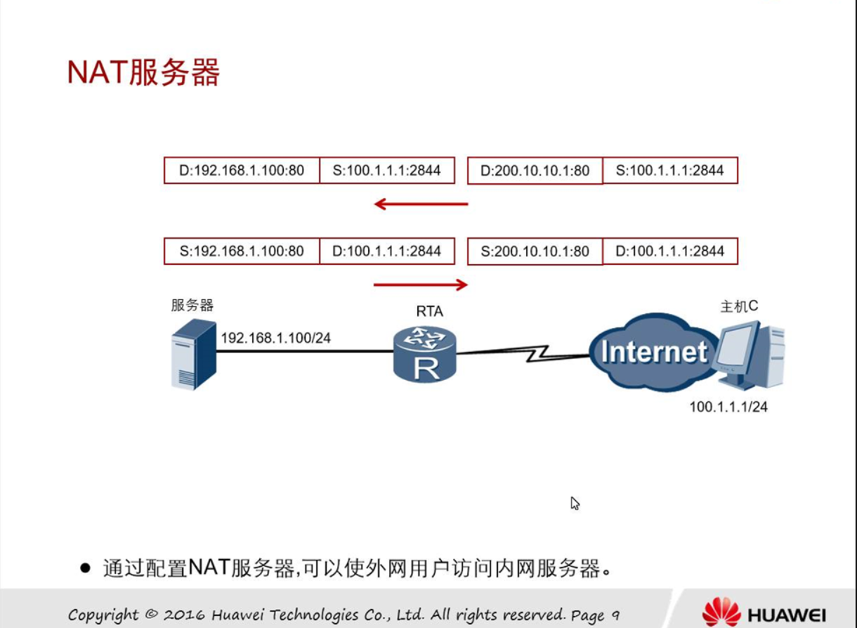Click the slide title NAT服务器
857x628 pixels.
(143, 72)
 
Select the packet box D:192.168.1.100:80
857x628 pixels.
(242, 171)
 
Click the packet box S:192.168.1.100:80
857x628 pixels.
(242, 251)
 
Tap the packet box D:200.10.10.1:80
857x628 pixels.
(535, 171)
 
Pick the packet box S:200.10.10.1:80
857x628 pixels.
(535, 251)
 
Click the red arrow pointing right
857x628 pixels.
(420, 284)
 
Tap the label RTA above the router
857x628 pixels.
(429, 311)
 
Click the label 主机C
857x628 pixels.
(739, 306)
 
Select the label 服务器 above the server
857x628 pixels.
(192, 305)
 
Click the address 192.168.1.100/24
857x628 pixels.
(275, 338)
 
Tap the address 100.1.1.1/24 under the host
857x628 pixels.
(728, 407)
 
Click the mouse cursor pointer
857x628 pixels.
(574, 502)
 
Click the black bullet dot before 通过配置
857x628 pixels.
(86, 568)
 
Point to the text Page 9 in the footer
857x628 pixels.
(595, 615)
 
